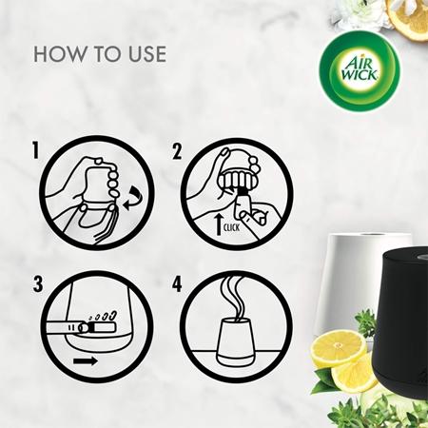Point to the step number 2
coord(176,150)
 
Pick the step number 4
coord(176,284)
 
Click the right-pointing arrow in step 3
coord(86,361)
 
